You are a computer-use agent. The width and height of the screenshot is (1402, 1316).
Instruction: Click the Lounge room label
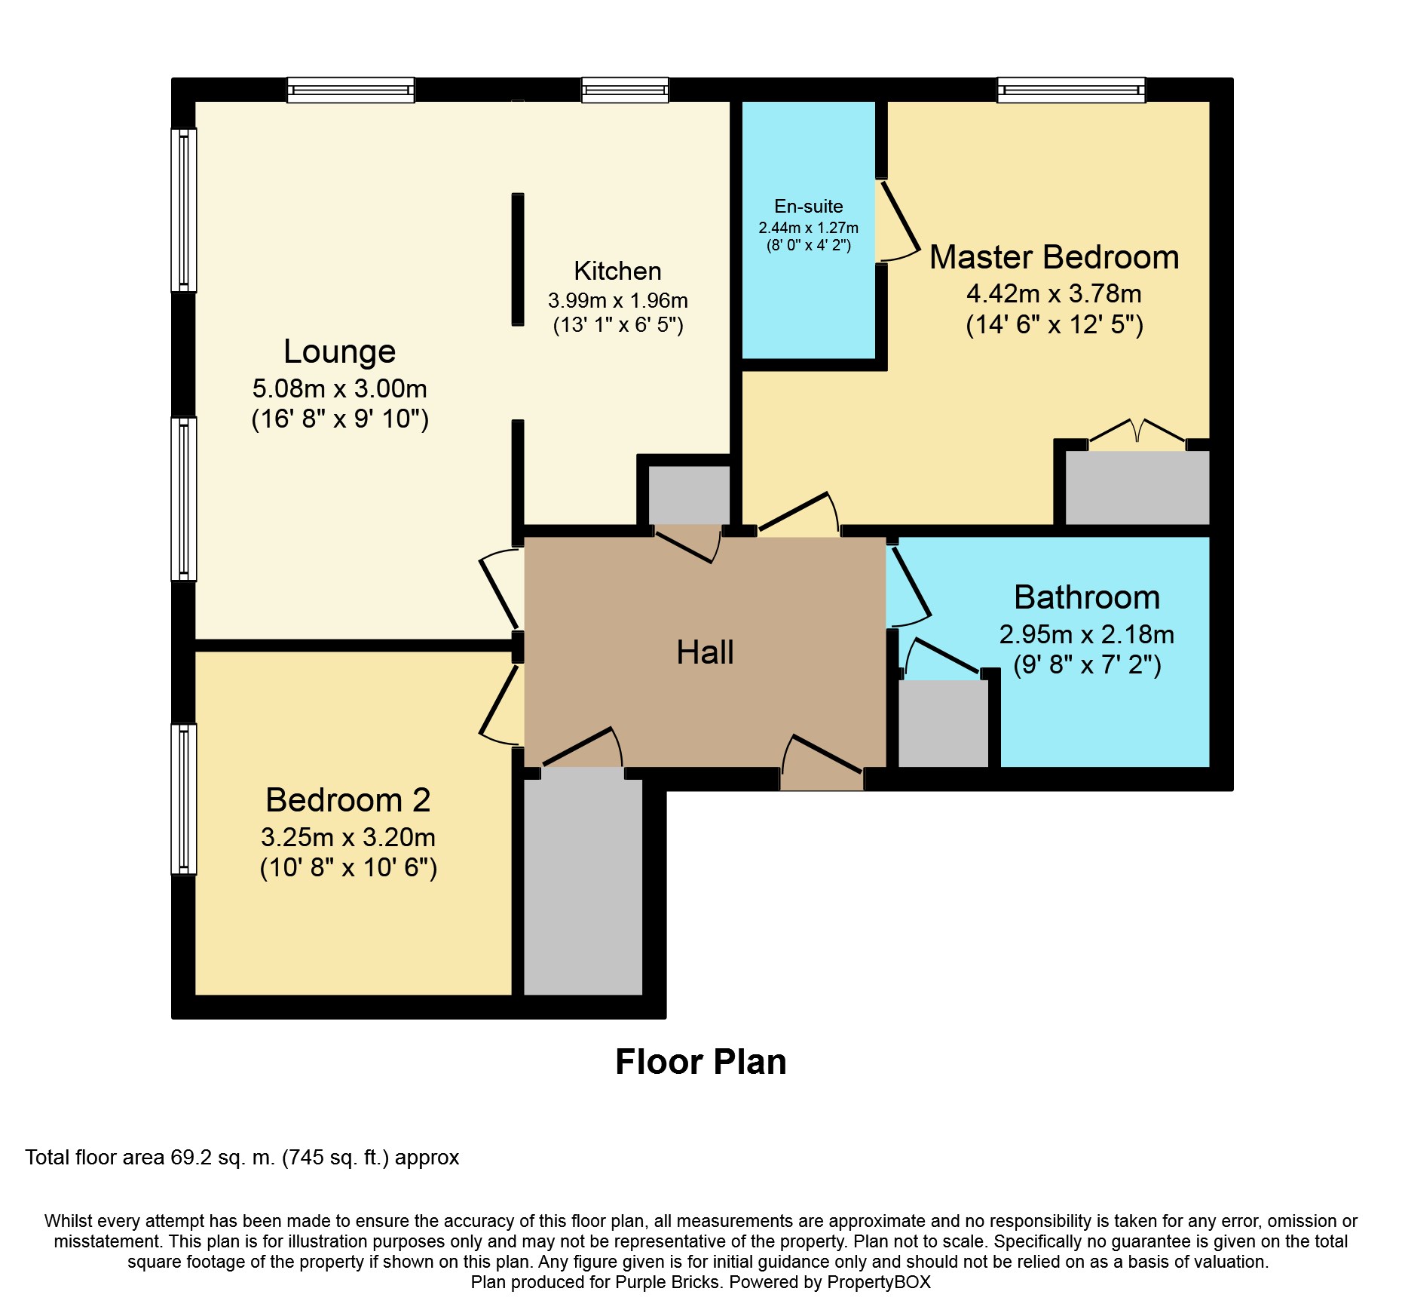click(339, 352)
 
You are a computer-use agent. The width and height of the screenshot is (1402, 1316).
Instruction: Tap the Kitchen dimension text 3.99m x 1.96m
click(617, 300)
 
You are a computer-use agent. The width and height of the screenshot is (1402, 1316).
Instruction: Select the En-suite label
click(808, 207)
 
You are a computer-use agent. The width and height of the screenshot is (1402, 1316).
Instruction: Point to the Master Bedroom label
click(1054, 257)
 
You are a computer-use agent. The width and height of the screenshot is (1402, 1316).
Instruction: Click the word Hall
click(705, 652)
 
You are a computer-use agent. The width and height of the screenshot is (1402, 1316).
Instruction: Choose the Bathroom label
click(1086, 597)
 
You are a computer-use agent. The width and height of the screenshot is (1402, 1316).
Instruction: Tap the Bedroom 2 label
click(347, 800)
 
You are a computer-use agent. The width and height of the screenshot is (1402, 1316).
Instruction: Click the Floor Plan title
click(701, 1062)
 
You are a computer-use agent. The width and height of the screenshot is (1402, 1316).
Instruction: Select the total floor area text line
click(242, 1158)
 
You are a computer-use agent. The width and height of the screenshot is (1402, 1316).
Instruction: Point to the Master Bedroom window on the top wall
click(1071, 90)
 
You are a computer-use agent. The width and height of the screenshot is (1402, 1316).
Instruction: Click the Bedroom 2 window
click(184, 799)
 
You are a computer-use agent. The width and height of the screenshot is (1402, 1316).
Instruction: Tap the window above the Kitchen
click(625, 90)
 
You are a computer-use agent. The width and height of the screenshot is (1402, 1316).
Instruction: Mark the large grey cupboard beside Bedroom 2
click(583, 887)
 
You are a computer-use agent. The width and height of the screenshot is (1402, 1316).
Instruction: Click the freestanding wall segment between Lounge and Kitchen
click(518, 259)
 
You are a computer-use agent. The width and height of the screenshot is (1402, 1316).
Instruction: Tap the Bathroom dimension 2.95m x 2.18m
click(1086, 635)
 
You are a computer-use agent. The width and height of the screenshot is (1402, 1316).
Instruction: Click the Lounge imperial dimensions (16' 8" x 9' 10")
click(340, 419)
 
